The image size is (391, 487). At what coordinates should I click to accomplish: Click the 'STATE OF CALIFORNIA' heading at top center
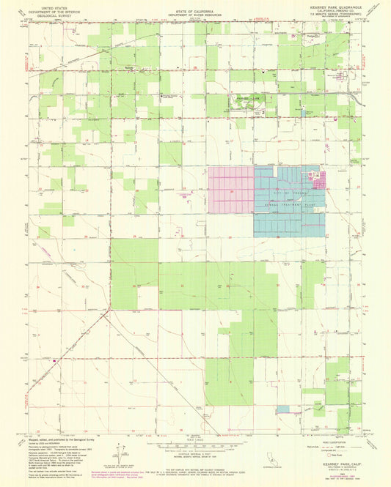(x=195, y=7)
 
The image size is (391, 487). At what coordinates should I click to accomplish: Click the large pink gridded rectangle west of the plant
(x=231, y=190)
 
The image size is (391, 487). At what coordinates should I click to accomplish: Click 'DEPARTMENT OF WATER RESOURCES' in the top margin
(x=195, y=12)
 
